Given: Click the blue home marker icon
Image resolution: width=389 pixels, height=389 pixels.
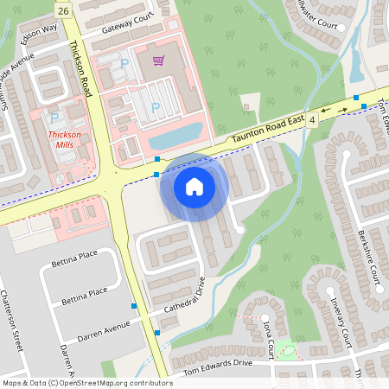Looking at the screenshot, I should [194, 187].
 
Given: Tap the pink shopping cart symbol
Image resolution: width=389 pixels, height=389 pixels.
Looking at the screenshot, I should [158, 61].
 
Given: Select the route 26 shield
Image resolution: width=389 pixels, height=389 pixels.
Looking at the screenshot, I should [62, 10].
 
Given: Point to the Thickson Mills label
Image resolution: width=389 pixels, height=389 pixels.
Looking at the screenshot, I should [64, 140].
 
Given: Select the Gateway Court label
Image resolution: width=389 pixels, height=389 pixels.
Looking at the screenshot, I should [127, 22].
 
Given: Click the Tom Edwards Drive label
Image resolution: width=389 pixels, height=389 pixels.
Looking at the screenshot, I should [211, 363].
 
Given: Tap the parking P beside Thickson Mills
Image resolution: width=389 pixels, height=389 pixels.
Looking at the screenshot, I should [54, 117].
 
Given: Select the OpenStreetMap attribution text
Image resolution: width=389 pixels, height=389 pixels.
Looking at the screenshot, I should [86, 382].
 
